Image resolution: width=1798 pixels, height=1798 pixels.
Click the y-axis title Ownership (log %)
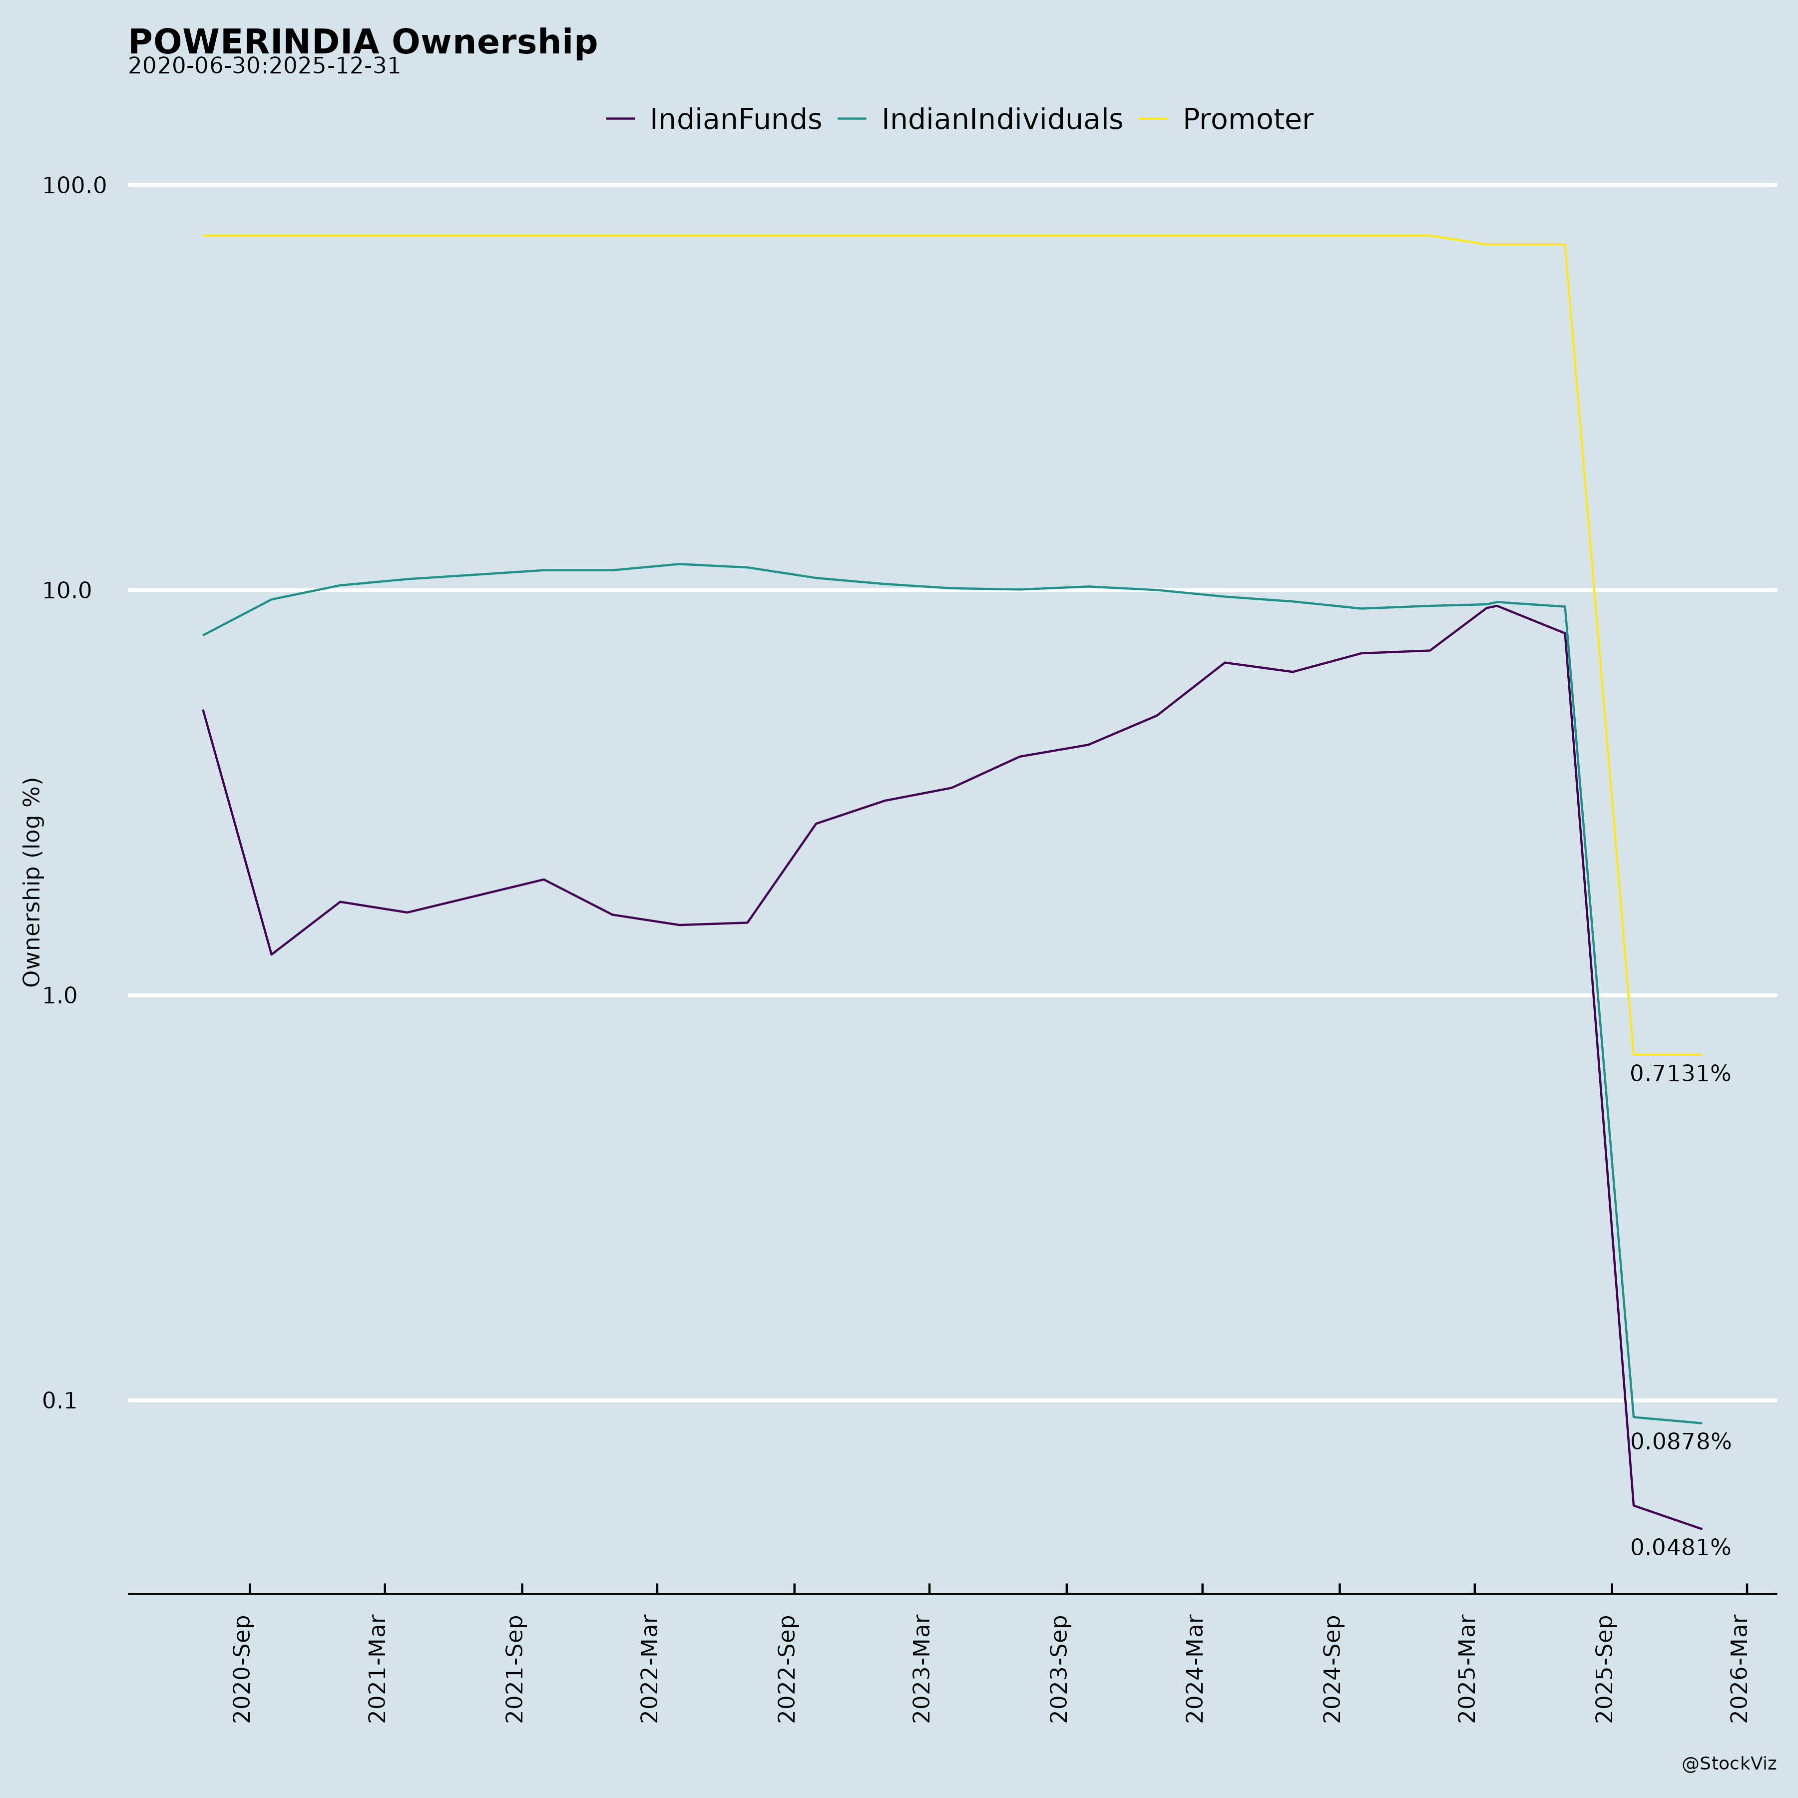point(32,882)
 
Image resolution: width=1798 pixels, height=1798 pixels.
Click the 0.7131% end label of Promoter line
point(1680,1074)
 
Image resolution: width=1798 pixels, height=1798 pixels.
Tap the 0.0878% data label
point(1680,1441)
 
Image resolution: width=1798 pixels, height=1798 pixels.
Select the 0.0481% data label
point(1680,1548)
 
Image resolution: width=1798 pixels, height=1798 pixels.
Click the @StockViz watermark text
point(1728,1764)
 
